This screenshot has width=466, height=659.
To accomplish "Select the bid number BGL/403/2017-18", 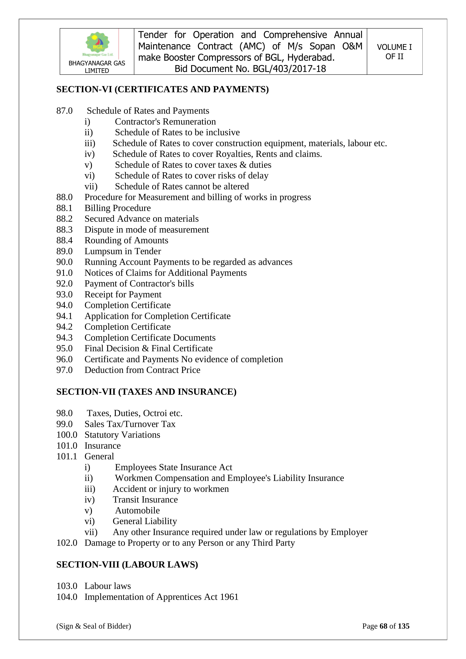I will click(289, 69).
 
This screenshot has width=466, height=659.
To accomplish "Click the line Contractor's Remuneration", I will click(165, 122).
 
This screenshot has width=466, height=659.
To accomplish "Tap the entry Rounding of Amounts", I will click(126, 240).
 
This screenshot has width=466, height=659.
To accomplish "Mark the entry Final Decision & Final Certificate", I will click(148, 348).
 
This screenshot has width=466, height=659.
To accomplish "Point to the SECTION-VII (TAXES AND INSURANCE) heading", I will click(146, 392).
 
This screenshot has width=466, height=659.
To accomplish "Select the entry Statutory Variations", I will click(122, 435).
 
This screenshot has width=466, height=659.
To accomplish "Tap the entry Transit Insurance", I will click(145, 500).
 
